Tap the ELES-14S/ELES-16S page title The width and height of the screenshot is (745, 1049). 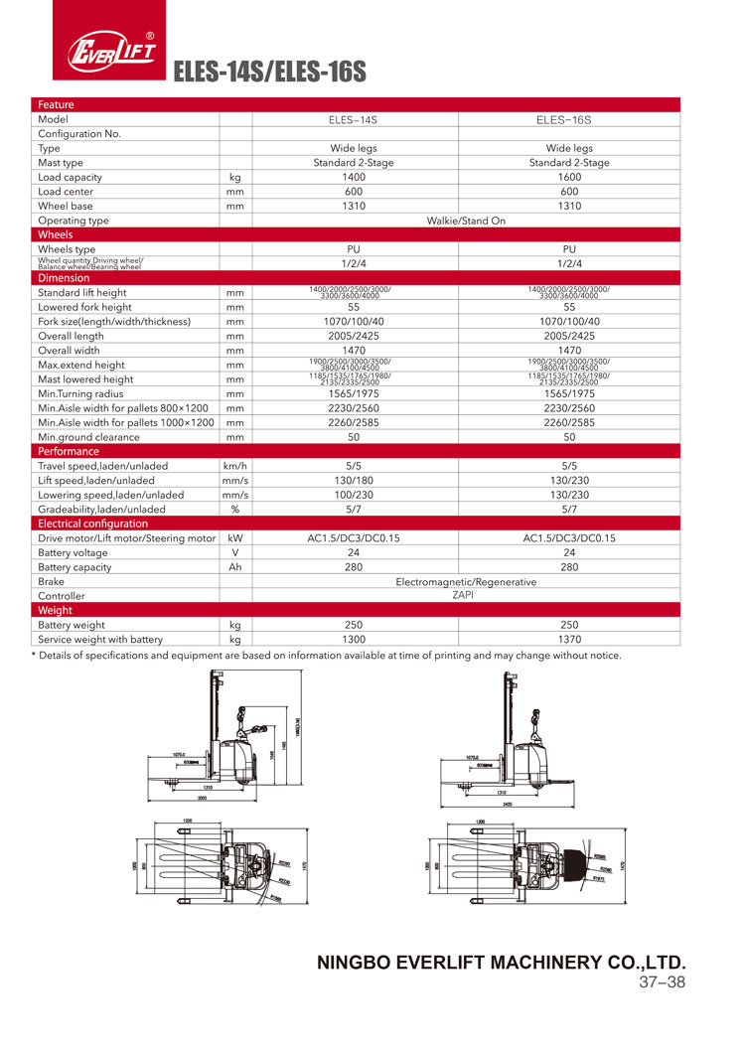270,73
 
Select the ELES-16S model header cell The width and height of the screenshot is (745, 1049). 569,119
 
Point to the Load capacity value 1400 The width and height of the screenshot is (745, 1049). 355,177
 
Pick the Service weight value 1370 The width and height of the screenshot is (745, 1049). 569,640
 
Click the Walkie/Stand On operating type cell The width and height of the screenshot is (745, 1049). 466,221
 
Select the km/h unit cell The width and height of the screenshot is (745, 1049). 235,466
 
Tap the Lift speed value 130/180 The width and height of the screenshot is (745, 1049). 355,480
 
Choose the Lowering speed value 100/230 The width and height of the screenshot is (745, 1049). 355,495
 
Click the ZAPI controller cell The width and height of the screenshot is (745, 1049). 466,595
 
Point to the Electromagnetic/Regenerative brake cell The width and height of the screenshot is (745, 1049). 466,581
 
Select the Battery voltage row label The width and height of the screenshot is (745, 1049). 74,552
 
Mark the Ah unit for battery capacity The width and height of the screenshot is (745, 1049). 235,567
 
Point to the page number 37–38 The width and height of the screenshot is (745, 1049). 662,983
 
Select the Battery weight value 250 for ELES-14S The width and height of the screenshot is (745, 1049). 355,625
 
